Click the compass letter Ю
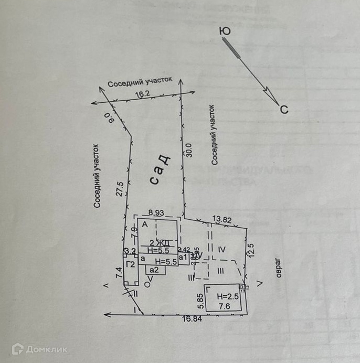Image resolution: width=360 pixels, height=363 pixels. [x=226, y=31]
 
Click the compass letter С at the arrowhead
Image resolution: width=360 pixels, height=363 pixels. [x=283, y=110]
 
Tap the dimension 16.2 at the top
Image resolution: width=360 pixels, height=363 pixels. [x=143, y=94]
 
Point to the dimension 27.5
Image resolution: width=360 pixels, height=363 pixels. [x=120, y=188]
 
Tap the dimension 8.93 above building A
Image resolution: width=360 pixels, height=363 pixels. [x=156, y=212]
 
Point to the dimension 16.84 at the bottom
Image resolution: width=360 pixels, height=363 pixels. [x=192, y=318]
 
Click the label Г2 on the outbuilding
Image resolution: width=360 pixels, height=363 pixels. [x=131, y=264]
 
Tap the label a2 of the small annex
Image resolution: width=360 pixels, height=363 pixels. [x=154, y=270]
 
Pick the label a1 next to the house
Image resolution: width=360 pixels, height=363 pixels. [x=183, y=258]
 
